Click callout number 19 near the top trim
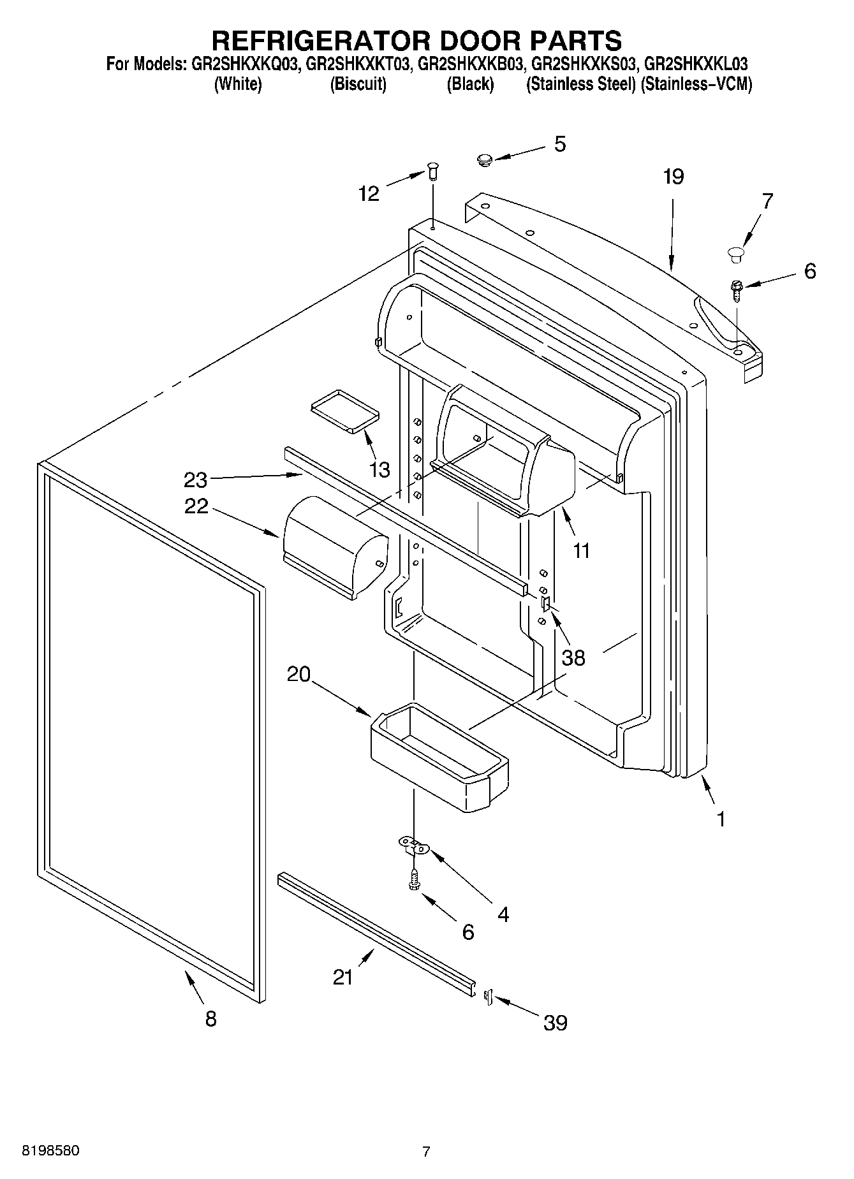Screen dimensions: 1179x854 pos(673,177)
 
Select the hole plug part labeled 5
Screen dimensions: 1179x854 pos(485,159)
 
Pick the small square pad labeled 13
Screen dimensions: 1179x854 pos(344,411)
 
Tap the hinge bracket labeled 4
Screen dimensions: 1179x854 pos(415,847)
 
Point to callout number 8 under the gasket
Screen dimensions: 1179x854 pos(211,1018)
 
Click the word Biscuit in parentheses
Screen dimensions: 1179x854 pos(358,84)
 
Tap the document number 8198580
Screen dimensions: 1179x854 pos(43,1151)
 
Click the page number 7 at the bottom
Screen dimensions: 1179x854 pos(426,1152)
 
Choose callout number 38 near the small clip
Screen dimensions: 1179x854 pos(573,657)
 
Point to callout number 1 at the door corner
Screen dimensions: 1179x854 pos(721,819)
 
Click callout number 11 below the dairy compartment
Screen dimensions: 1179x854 pos(581,550)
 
